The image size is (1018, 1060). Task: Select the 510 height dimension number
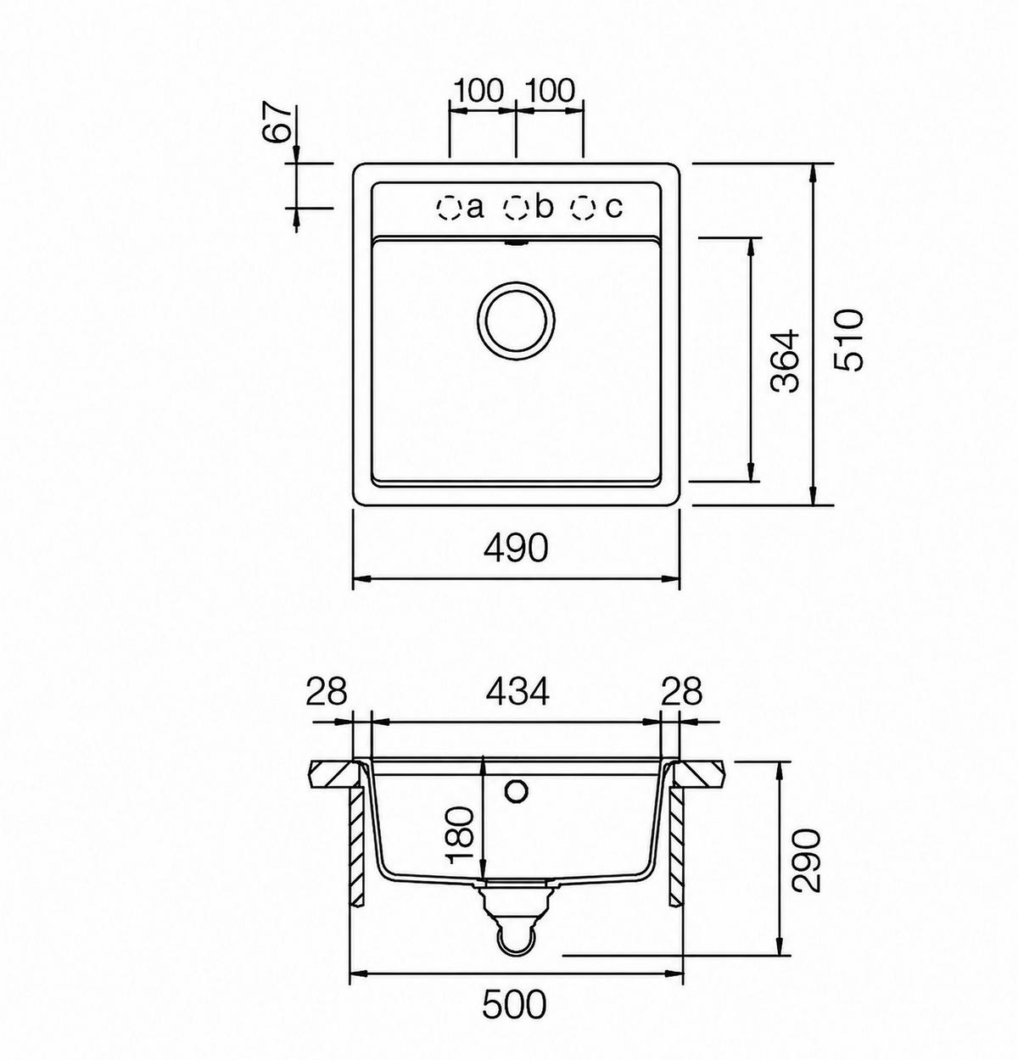848,340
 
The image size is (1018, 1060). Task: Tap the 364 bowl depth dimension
786,360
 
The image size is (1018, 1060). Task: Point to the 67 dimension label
282,124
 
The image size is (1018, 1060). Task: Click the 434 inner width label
517,691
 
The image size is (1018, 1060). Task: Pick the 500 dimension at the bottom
514,1004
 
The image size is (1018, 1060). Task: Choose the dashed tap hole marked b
516,208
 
